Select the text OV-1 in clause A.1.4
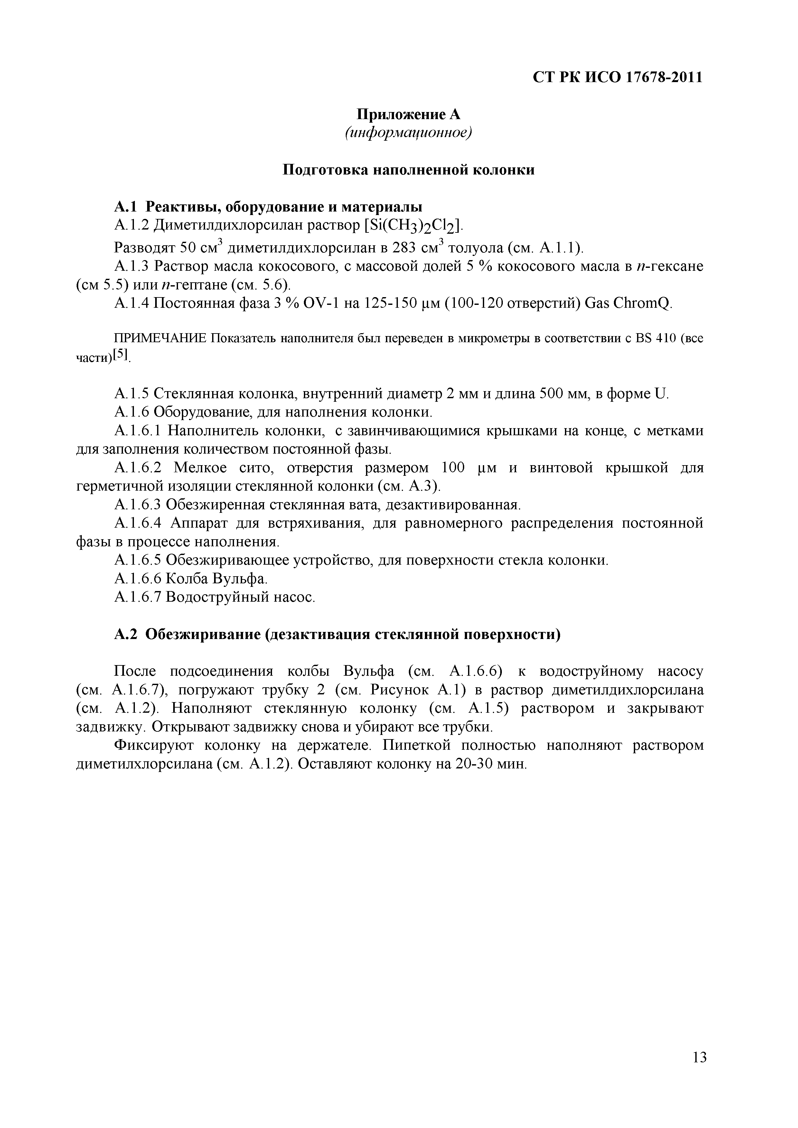coord(323,304)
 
